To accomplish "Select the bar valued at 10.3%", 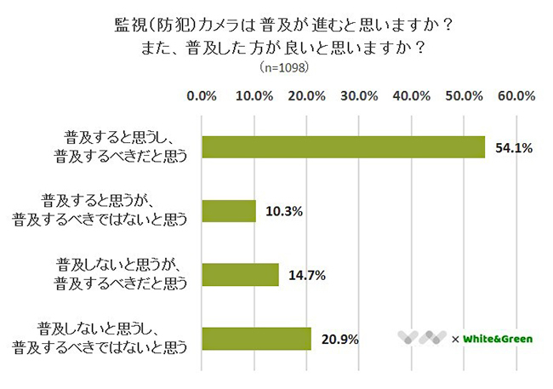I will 229,210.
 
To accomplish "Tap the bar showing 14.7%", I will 240,274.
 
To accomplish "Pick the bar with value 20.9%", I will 256,338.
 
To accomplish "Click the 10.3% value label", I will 284,210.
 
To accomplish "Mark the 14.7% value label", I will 307,274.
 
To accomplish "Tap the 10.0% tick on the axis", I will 254,95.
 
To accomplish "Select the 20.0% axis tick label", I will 307,95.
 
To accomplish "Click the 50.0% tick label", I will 465,95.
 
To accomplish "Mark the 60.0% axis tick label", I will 516,95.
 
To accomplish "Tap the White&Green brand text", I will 499,339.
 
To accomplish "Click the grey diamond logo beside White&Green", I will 422,338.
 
